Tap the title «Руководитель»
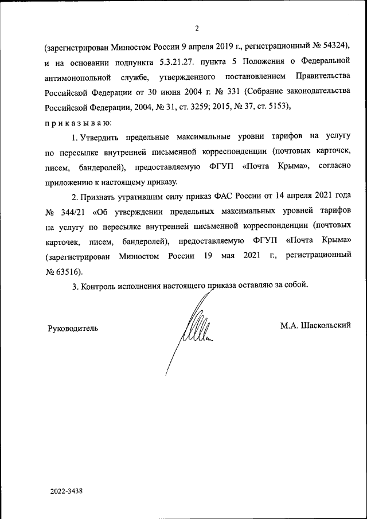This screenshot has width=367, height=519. tap(72, 328)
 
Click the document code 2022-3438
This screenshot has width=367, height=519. tap(67, 491)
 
